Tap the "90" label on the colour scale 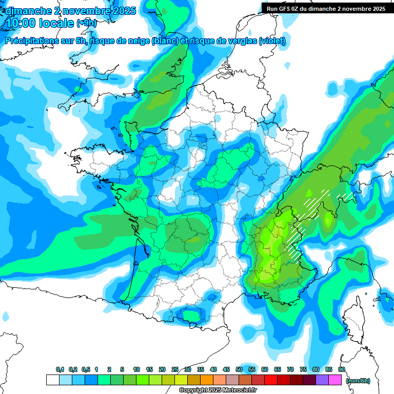tap(342, 369)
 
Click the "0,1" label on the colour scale tap(60, 369)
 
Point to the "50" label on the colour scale tap(239, 369)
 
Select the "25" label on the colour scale tap(175, 369)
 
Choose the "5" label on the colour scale tap(122, 369)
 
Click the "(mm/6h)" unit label tap(359, 381)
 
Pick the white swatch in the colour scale tap(52, 380)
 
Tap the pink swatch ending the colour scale tap(335, 380)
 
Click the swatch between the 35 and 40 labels tap(207, 380)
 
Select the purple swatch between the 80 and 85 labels tap(322, 380)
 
